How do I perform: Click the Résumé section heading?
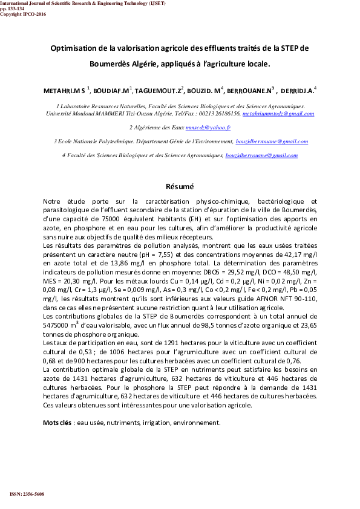coord(180,186)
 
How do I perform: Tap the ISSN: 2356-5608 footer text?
coord(27,494)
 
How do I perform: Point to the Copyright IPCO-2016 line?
coord(23,14)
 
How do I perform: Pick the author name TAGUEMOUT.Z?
coord(157,90)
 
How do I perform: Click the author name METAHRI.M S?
coord(64,90)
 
